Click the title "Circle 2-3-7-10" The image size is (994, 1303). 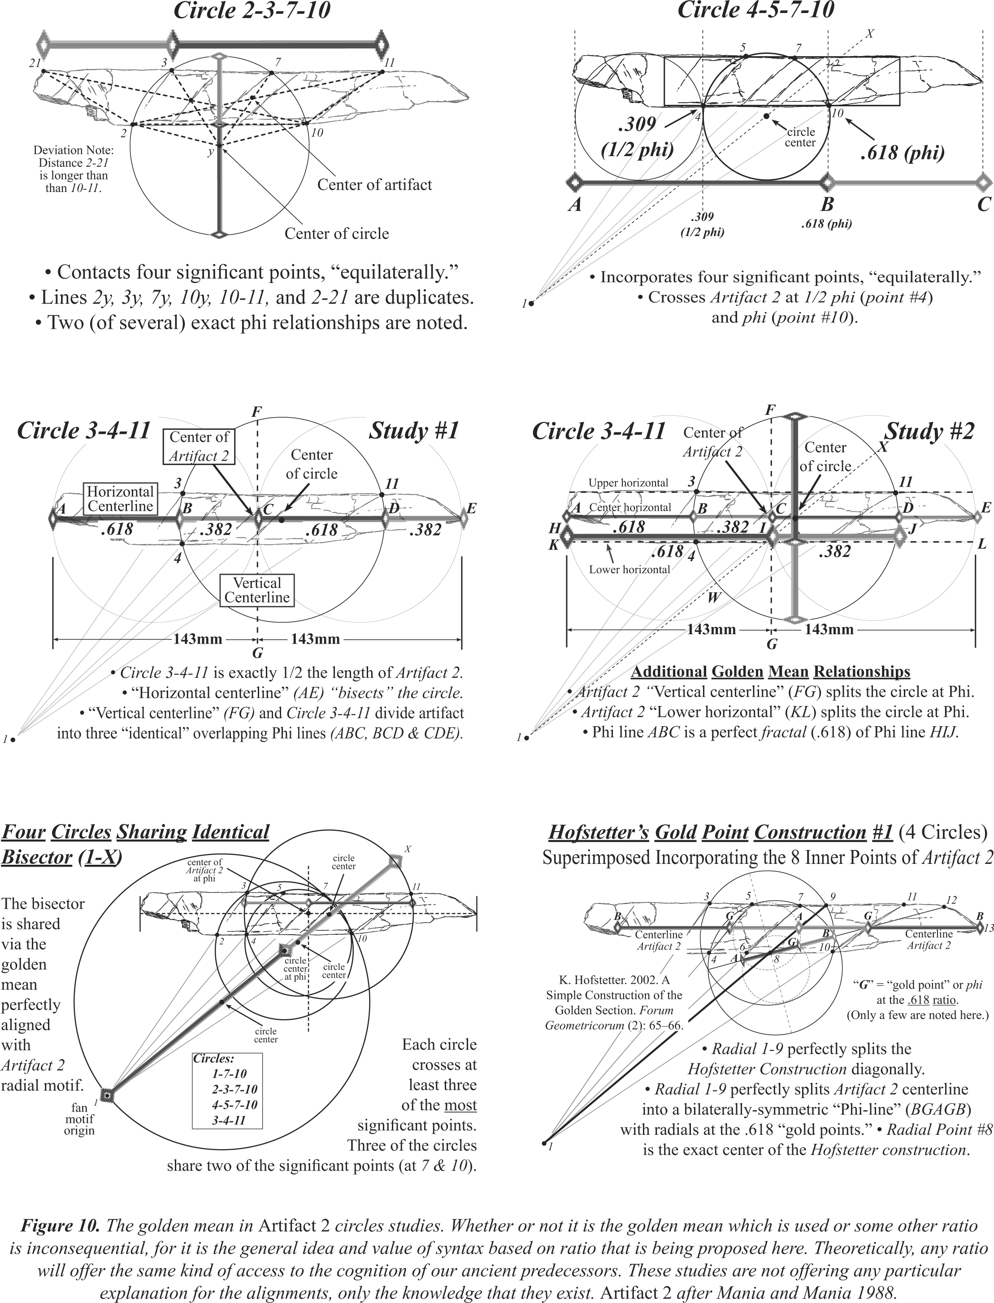[252, 11]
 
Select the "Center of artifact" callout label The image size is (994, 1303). [374, 185]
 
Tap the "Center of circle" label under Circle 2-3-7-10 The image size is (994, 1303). [336, 233]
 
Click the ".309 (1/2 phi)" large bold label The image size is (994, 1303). [637, 136]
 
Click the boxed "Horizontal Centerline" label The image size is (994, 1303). [120, 498]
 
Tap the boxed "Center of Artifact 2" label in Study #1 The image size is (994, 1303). [199, 446]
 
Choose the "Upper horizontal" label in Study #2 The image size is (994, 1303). [628, 483]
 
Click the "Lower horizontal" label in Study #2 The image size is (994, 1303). [629, 569]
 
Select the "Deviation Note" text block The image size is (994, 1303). [74, 169]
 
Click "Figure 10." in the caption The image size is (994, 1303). [61, 1225]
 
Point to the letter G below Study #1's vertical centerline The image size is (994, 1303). [257, 653]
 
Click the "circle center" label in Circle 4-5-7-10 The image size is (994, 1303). [800, 137]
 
